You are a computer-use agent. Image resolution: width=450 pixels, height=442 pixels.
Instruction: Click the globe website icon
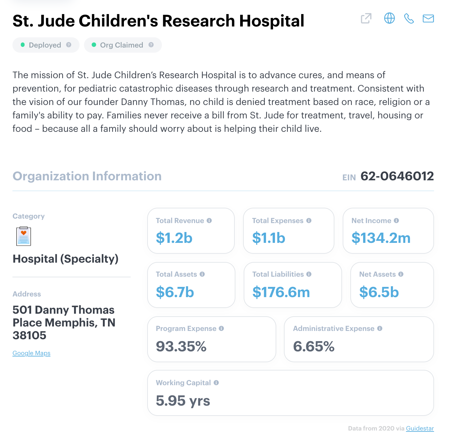click(389, 18)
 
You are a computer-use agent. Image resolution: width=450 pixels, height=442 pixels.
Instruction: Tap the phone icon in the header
click(409, 19)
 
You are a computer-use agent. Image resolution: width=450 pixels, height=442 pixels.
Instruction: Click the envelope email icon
click(428, 19)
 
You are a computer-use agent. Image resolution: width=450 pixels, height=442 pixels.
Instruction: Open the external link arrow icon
click(366, 19)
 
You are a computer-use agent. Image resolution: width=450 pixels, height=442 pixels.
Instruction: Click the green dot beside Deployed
click(23, 45)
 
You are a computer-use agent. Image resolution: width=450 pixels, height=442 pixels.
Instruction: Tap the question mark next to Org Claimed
click(151, 45)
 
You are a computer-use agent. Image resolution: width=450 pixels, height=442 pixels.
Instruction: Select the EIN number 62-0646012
click(397, 176)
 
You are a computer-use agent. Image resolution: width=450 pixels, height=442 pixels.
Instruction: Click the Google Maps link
click(31, 353)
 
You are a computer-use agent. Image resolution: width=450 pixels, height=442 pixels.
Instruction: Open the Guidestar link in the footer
click(420, 428)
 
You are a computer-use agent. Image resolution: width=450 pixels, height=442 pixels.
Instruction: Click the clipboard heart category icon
click(24, 236)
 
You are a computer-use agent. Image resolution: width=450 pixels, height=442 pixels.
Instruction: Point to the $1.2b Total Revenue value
click(174, 238)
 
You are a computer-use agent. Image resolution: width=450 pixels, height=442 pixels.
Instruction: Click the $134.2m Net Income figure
click(381, 238)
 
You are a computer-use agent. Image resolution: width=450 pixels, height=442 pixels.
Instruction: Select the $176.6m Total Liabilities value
click(281, 292)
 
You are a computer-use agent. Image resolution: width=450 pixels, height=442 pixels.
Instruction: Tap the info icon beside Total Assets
click(202, 274)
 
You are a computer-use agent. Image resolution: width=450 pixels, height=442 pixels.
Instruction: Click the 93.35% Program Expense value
click(181, 347)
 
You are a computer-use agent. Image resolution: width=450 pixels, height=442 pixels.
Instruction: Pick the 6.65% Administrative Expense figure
click(314, 347)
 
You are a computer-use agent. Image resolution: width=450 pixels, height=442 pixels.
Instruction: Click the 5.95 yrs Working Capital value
click(183, 401)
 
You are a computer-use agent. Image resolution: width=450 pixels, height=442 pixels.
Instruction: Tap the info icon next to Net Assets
click(401, 274)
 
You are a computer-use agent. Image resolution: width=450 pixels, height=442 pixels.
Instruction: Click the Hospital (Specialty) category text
click(65, 259)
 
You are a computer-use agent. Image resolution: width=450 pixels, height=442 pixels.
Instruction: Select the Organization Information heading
click(87, 176)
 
